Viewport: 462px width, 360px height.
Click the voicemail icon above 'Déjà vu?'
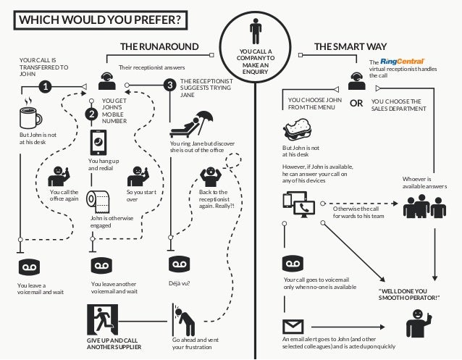pyautogui.click(x=178, y=261)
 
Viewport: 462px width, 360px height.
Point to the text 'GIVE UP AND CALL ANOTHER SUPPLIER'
pyautogui.click(x=113, y=343)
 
